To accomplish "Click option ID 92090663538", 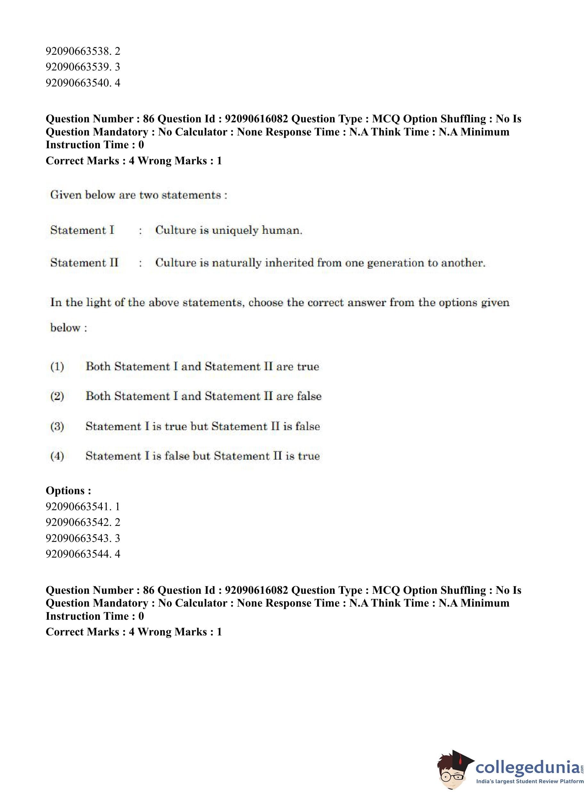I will [x=83, y=51].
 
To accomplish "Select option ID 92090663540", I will [x=83, y=83].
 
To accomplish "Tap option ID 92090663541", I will [x=83, y=506].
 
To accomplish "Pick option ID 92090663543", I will [x=83, y=538].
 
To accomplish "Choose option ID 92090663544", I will [x=83, y=554].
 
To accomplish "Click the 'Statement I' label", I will [x=82, y=230].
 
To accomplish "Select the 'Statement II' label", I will [x=84, y=263].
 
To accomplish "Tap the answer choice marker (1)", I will [x=57, y=367].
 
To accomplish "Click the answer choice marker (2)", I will [x=57, y=396].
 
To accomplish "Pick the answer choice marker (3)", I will [x=57, y=426].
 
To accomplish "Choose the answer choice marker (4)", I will [x=57, y=456].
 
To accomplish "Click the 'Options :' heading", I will [x=68, y=490].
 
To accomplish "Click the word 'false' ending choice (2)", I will [x=309, y=396].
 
